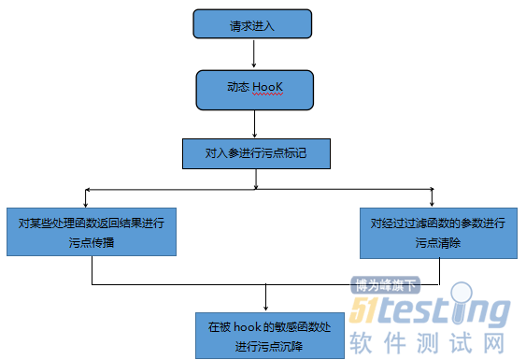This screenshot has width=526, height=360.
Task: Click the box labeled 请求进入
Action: tap(252, 24)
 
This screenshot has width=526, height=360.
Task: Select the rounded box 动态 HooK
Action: tap(254, 88)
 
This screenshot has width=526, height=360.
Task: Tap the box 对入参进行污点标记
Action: tap(256, 151)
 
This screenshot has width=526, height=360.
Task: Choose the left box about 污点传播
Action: tap(92, 232)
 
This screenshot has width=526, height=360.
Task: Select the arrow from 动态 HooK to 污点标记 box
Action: tap(255, 122)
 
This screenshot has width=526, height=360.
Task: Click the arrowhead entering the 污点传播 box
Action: tap(86, 203)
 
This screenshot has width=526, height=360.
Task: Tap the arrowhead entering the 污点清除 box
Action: tap(431, 203)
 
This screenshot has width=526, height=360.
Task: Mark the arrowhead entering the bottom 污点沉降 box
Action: tap(267, 308)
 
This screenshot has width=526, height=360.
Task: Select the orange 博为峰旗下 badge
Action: tap(385, 286)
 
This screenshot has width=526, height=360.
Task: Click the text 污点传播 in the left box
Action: tap(92, 242)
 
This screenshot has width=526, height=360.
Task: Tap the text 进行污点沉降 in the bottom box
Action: tap(269, 346)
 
